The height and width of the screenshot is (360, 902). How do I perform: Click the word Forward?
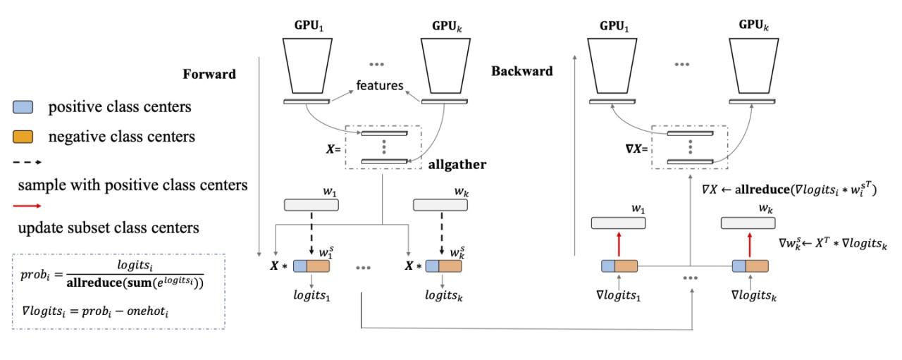tap(210, 74)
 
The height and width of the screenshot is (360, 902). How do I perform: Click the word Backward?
tap(521, 71)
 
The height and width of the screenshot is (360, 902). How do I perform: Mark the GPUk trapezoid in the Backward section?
tap(755, 64)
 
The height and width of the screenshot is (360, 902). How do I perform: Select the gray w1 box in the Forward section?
tap(311, 205)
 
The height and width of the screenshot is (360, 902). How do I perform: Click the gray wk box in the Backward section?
tap(748, 223)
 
